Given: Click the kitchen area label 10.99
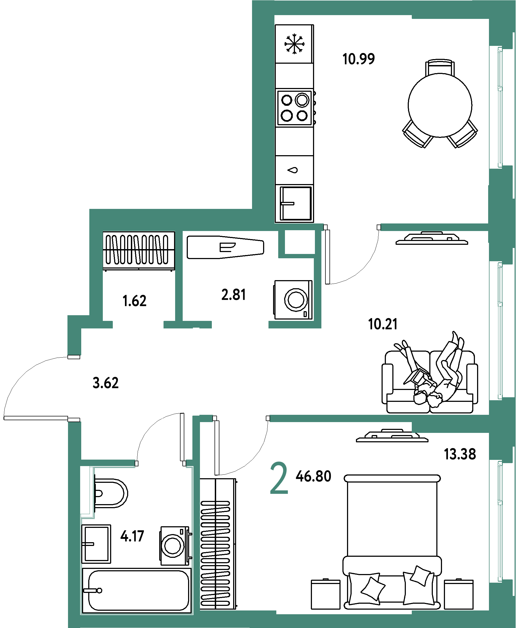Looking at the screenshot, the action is [358, 59].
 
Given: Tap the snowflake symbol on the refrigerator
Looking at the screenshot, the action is [294, 44].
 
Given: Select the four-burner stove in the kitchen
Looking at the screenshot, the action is [295, 108].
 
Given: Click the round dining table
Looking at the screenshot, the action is [440, 105].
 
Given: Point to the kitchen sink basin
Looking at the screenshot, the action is [295, 203].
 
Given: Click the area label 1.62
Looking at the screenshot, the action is [135, 301].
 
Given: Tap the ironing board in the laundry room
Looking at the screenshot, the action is [226, 247].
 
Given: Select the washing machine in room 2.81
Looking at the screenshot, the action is [293, 300].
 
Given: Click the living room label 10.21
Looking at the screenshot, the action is [383, 324].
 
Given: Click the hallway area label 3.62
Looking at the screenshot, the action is [106, 383].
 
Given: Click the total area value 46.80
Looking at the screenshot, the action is [314, 476].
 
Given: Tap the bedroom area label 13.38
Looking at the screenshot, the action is [460, 454].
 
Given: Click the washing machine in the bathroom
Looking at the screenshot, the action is [176, 546].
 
